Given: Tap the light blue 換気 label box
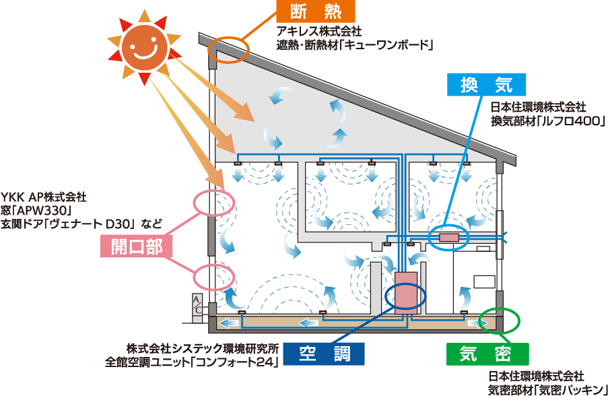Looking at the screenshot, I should [x=485, y=84].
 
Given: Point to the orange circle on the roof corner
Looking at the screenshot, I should [x=229, y=50].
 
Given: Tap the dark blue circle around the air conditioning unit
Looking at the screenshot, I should [x=405, y=297].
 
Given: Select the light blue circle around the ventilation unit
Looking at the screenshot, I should [x=448, y=238].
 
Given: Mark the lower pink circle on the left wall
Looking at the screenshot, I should [x=214, y=276].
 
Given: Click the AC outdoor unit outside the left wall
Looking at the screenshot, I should [x=197, y=304].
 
